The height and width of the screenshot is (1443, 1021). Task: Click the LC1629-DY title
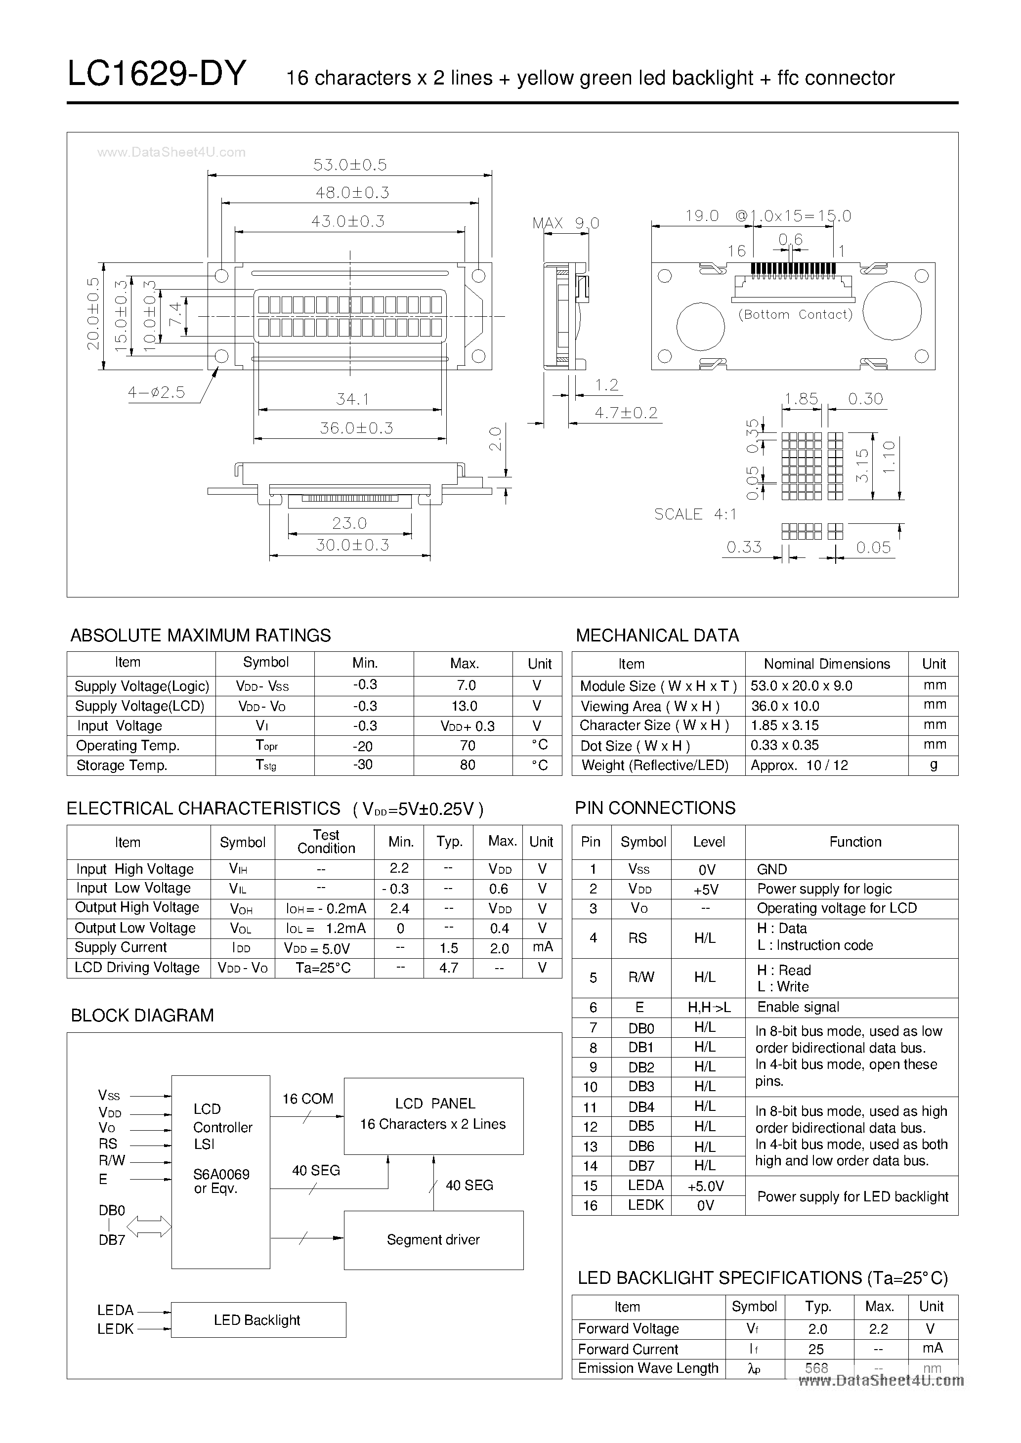157,75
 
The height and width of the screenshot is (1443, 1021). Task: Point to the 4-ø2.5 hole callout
157,393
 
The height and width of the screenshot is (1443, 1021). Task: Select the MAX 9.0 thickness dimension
565,223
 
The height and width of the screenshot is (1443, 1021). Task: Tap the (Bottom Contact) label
795,314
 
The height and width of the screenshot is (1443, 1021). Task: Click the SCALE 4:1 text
695,514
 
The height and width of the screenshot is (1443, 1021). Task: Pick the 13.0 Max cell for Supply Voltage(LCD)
464,706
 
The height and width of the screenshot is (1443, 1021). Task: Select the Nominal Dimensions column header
826,664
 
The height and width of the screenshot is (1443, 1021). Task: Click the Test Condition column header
326,842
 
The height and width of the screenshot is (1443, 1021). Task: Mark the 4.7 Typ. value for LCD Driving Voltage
448,968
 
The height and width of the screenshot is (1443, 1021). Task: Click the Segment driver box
433,1239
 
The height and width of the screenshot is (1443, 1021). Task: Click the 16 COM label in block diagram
307,1099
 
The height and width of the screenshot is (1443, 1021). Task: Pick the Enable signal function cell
798,1007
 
